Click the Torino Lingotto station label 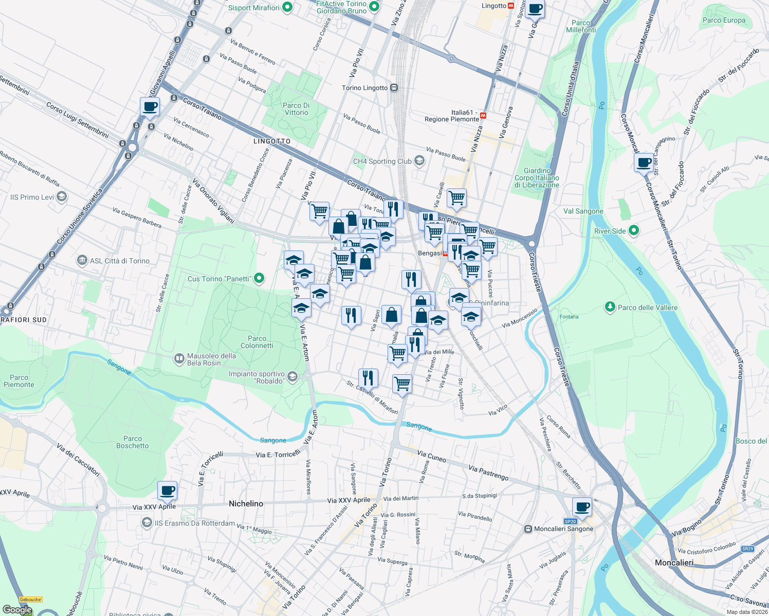(365, 88)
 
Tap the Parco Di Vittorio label (297, 109)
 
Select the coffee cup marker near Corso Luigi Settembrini (150, 107)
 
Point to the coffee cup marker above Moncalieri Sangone (582, 508)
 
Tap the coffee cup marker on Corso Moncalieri (644, 163)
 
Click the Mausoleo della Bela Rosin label (211, 359)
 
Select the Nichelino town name (246, 504)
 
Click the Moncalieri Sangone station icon (528, 529)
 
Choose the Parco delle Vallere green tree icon (610, 307)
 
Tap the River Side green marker (634, 231)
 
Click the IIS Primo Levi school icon (62, 197)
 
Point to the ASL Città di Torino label (120, 261)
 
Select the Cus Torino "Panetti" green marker (260, 279)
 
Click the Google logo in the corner (17, 610)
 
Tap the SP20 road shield (571, 522)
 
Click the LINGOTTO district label (272, 141)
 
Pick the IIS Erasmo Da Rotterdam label (195, 523)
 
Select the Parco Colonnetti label (257, 342)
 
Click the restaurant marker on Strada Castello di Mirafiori (368, 378)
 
